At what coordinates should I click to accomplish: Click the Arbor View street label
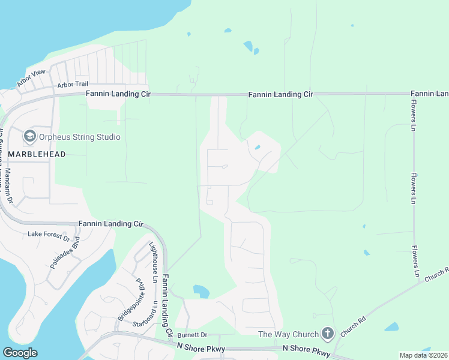coord(31,79)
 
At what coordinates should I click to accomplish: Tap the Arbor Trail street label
coord(73,85)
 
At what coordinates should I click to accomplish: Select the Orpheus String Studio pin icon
coord(29,137)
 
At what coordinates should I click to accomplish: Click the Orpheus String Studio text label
coord(80,137)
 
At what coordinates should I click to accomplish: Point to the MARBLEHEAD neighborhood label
coord(37,154)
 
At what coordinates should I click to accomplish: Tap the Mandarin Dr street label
coord(9,184)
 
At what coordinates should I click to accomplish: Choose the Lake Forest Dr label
coord(49,235)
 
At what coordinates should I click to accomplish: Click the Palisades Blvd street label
coord(65,254)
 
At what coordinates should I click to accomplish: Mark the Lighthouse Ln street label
coord(153,262)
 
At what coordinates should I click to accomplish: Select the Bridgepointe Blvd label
coord(131,299)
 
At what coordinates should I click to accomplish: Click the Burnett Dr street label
coord(191,334)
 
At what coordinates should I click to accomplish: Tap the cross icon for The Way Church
coord(327,332)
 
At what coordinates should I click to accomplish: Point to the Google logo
coord(20,352)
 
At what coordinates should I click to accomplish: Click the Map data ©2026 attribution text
coord(423,355)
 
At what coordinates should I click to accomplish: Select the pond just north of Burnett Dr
coord(201,292)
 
